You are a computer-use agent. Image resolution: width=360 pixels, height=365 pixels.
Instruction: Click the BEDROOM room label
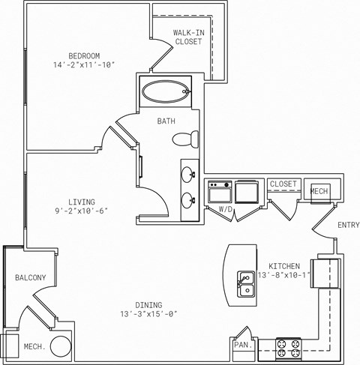click(86, 55)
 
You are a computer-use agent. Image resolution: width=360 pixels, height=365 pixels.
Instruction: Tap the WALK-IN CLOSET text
click(187, 37)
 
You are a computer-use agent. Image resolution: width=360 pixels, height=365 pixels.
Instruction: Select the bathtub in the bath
click(164, 93)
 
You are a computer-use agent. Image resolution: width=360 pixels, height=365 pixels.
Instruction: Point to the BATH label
click(166, 121)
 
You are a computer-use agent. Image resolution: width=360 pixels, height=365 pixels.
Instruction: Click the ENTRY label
click(348, 225)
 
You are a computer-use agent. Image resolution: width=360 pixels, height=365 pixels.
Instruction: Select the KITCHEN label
click(284, 266)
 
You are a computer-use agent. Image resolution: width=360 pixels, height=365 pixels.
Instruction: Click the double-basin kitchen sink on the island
click(245, 283)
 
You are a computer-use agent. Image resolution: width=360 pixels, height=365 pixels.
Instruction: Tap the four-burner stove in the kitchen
click(289, 349)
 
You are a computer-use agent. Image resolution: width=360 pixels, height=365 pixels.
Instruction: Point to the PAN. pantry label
click(241, 346)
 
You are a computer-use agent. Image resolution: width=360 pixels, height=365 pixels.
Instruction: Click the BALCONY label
click(30, 278)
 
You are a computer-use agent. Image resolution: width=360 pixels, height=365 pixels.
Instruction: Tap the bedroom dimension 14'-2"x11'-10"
click(86, 65)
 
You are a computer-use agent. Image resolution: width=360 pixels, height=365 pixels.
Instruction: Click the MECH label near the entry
click(319, 191)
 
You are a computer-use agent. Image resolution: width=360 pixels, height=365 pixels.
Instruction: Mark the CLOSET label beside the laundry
click(283, 184)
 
